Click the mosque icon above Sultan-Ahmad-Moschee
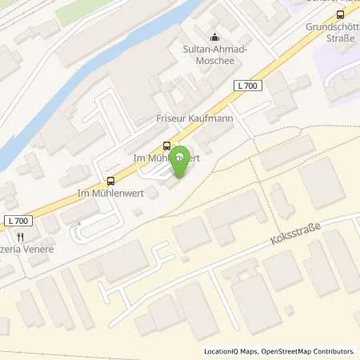tap(214, 36)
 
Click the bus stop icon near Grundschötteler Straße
tap(342, 14)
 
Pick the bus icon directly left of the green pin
tap(166, 146)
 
